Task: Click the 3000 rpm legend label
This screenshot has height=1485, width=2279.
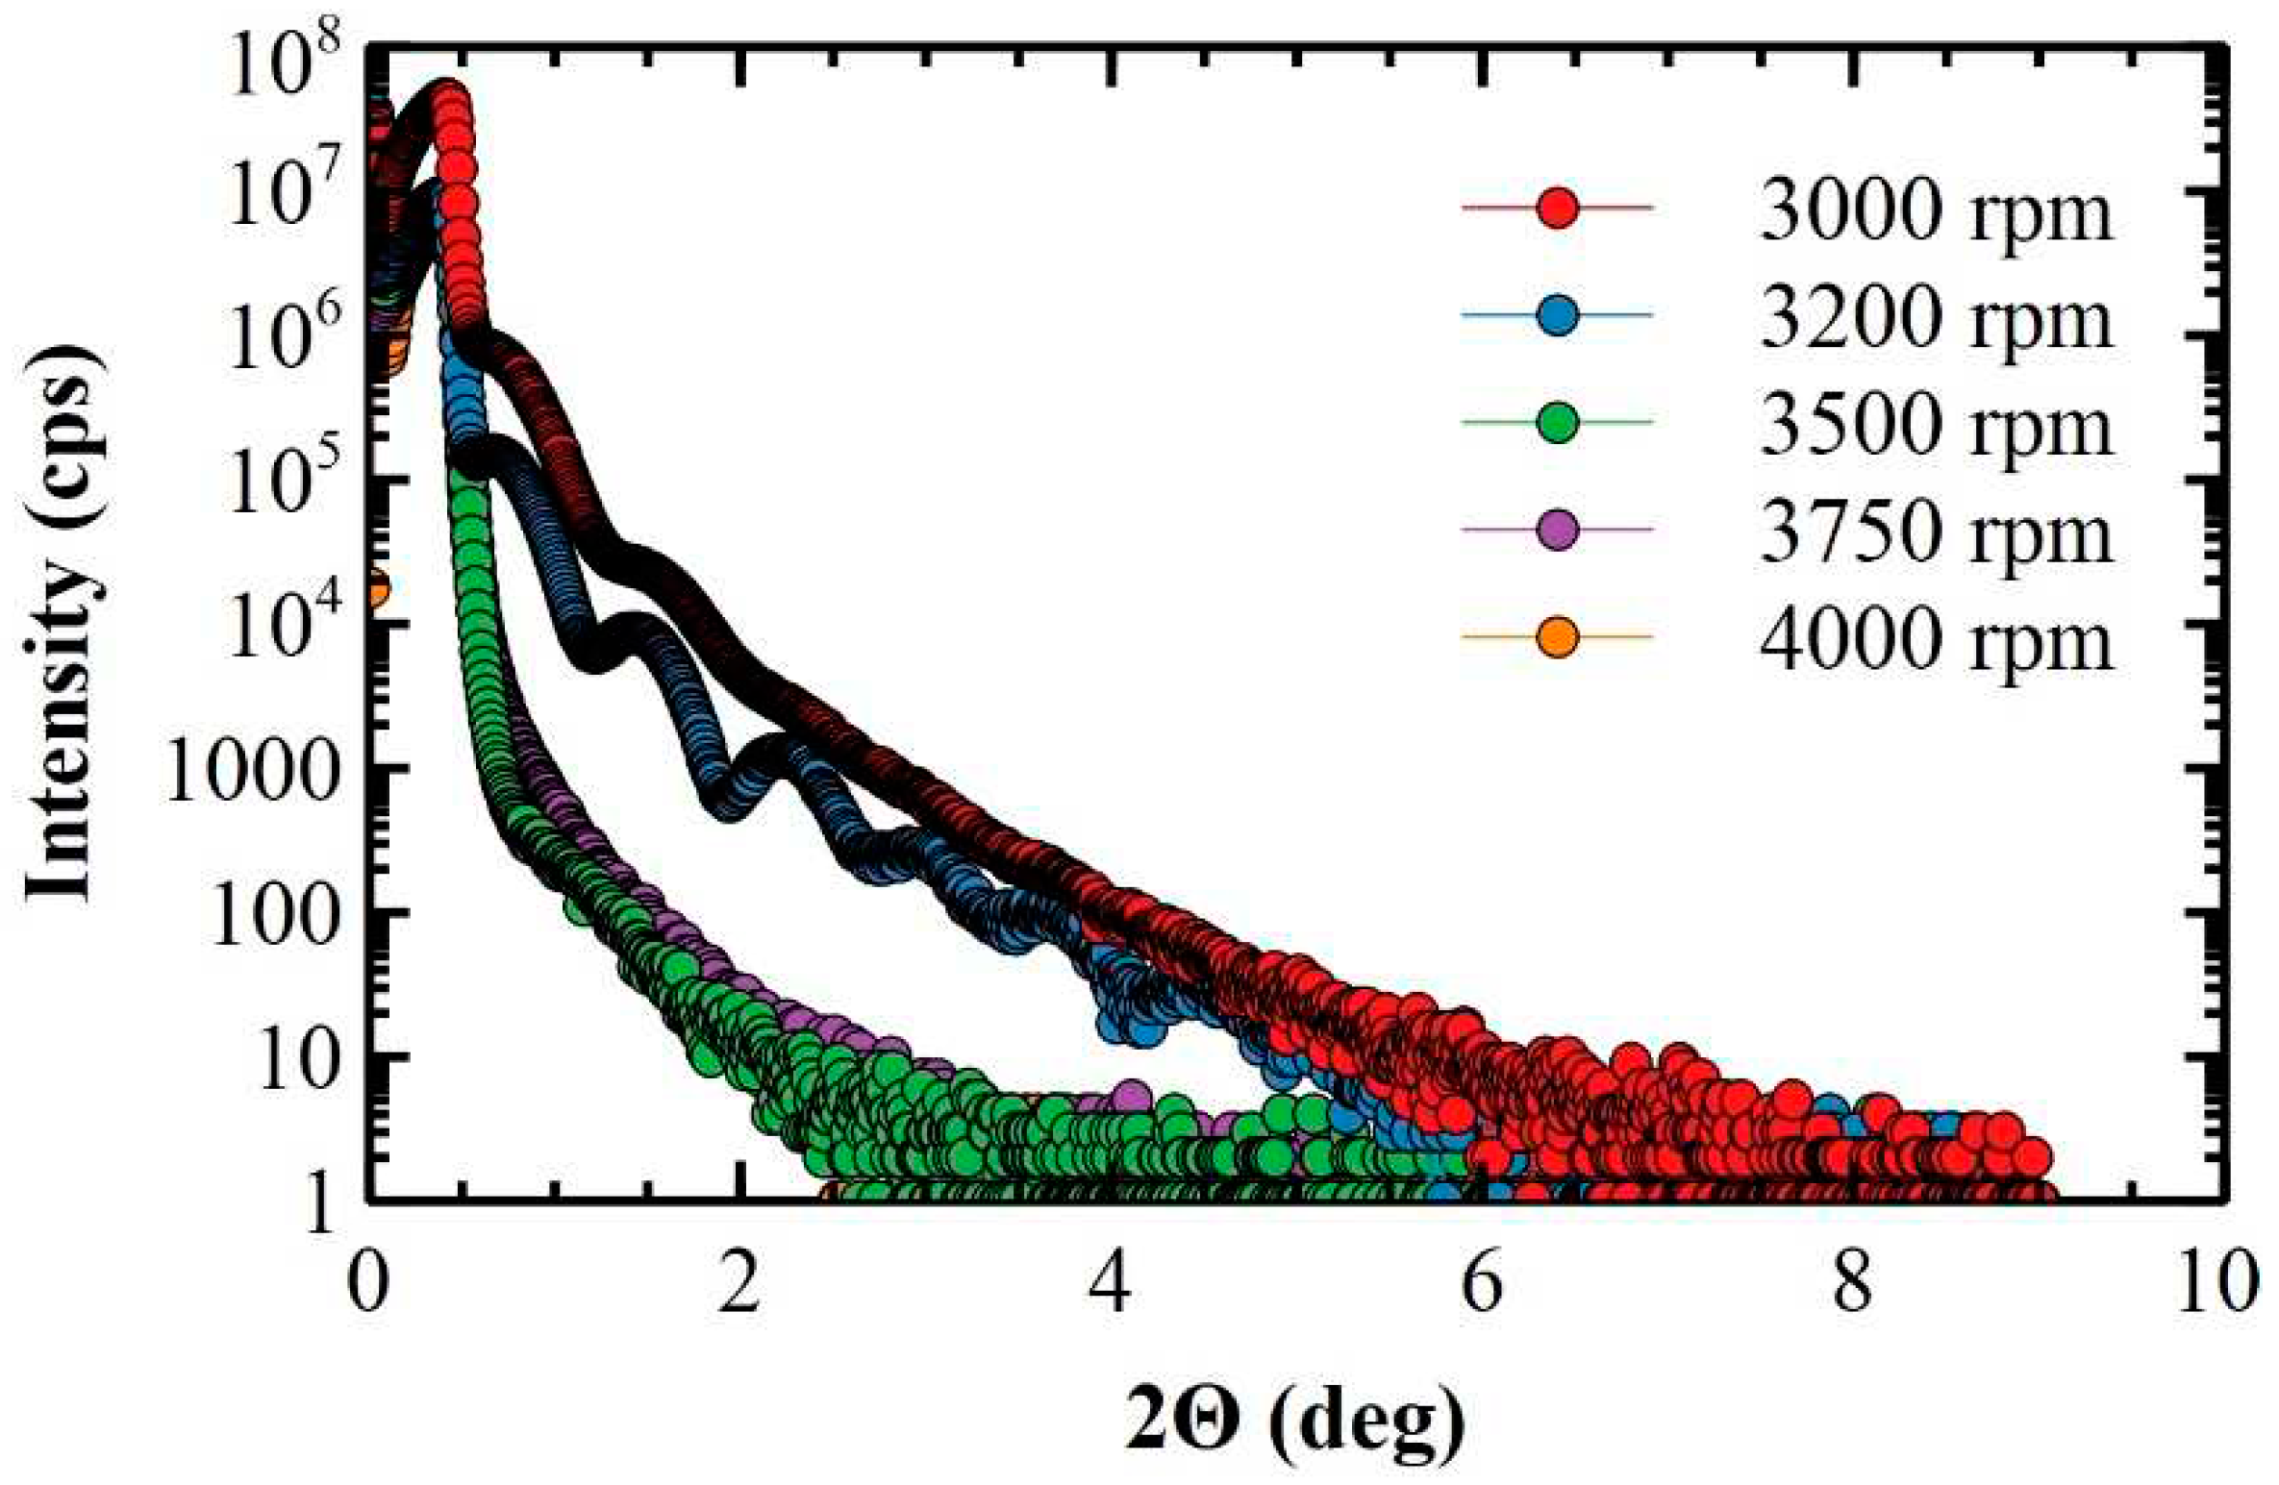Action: pos(1936,210)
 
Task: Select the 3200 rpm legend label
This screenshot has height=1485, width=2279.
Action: pos(1936,317)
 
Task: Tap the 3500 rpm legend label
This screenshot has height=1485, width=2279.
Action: pos(1936,424)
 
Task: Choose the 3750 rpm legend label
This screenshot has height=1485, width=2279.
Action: pos(1936,531)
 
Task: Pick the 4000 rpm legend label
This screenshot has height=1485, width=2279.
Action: pos(1936,638)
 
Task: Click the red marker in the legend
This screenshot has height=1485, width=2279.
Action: pos(1557,208)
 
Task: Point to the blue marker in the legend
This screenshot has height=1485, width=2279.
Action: pos(1557,315)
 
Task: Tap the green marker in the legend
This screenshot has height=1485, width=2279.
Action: pos(1557,422)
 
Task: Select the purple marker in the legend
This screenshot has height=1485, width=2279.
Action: pos(1557,530)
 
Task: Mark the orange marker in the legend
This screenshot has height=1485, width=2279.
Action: pos(1557,637)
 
